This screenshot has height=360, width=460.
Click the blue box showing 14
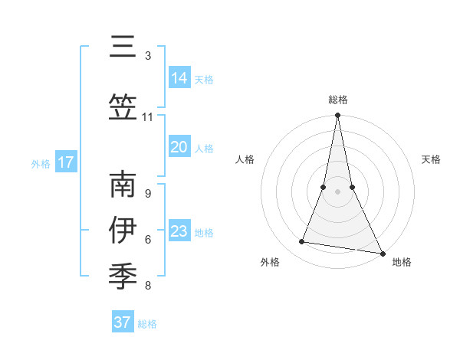179,78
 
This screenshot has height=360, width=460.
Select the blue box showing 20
179,147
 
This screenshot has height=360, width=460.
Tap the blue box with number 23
179,231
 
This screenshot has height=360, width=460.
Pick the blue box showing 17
66,162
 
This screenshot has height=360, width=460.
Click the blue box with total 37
123,322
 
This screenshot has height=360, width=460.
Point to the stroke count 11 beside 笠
148,117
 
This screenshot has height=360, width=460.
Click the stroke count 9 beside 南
148,194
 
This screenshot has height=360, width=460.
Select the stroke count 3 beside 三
148,56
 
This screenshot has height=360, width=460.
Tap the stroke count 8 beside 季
148,286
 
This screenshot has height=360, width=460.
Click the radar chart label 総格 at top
337,100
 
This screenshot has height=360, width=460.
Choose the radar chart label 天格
432,159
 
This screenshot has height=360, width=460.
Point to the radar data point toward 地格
381,253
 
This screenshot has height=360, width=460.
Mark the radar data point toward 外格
302,242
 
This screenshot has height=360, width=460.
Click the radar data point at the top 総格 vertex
337,116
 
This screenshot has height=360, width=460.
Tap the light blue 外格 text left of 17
41,163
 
